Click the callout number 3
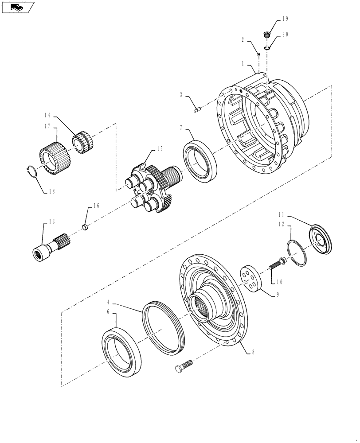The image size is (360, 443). point(181,94)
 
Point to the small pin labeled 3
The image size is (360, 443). point(197,109)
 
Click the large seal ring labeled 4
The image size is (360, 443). point(163,327)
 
